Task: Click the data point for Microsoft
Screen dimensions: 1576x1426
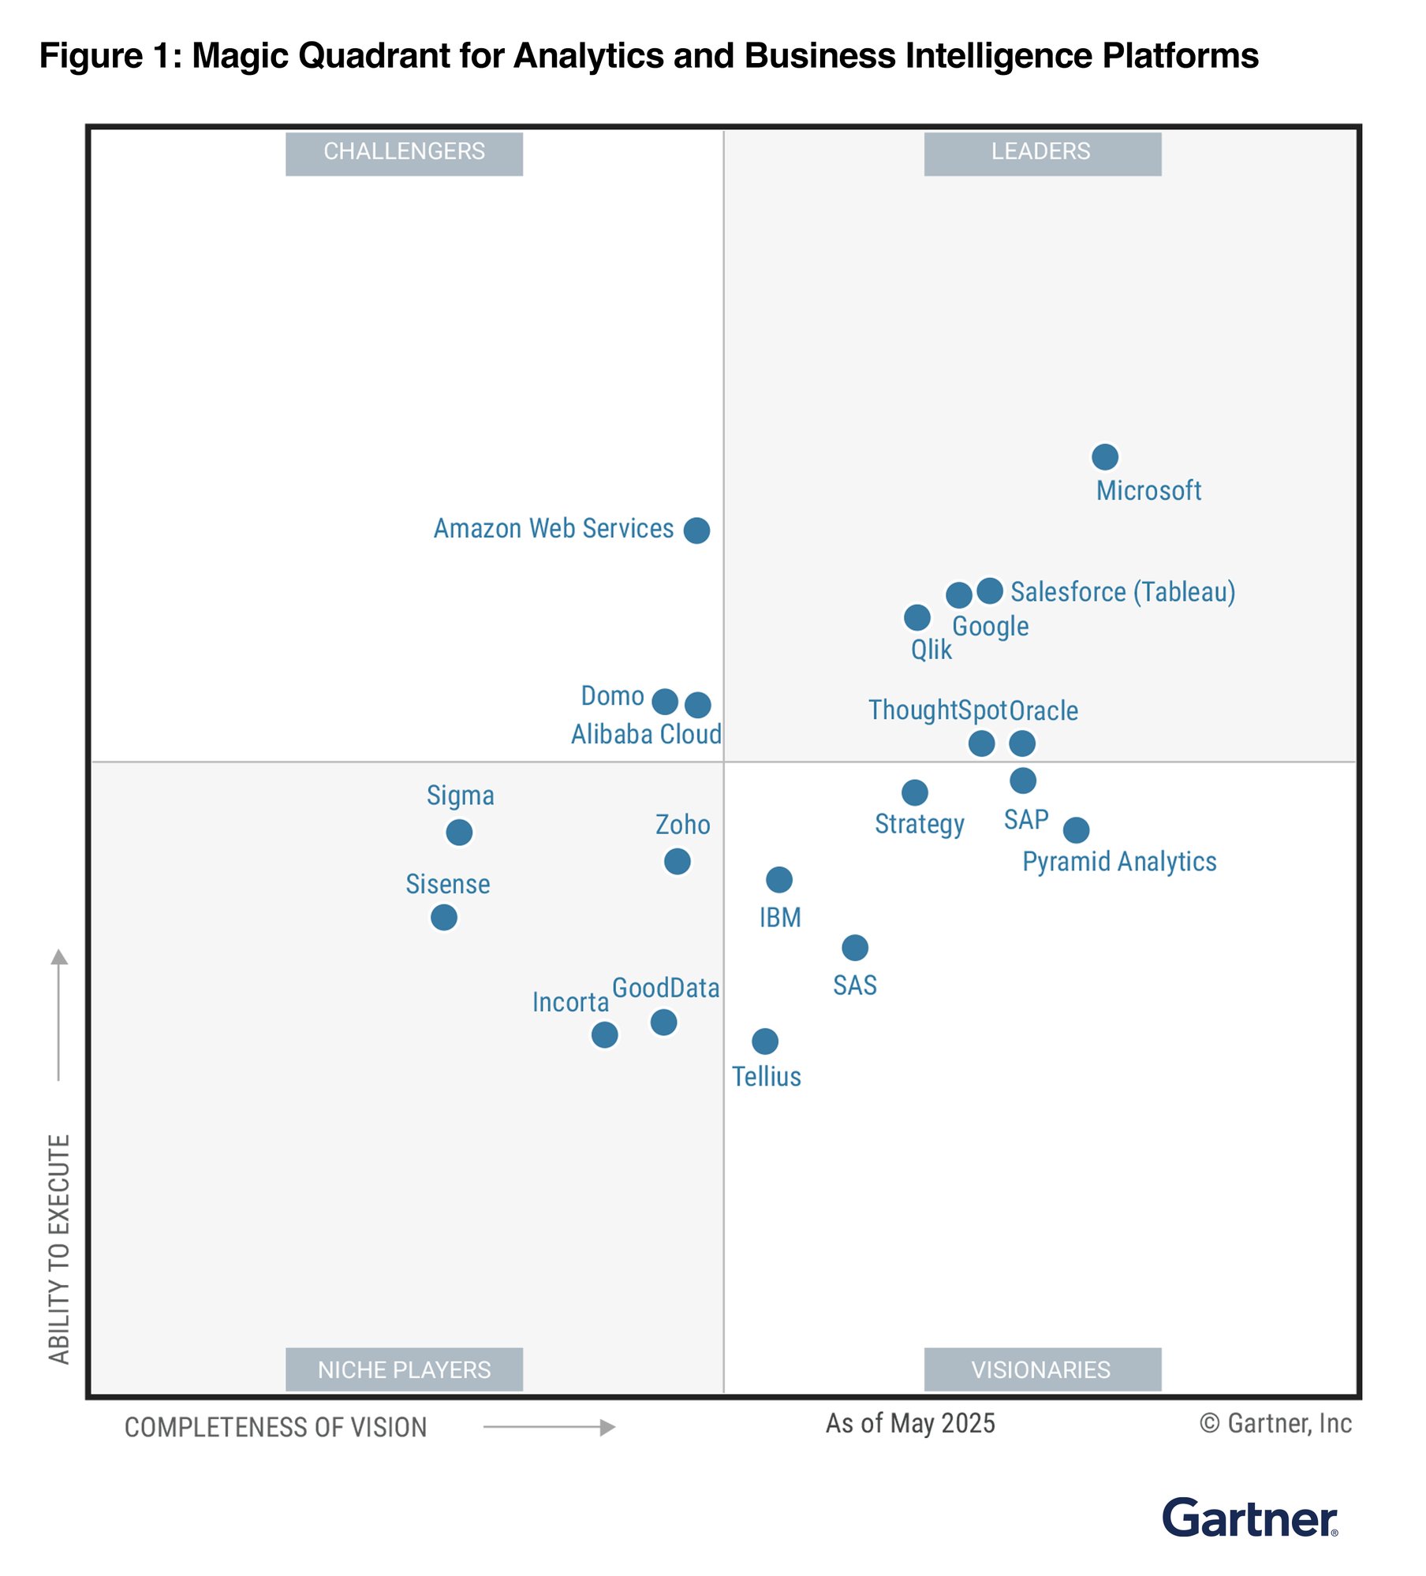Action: tap(1104, 456)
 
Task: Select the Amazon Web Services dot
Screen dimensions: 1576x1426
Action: tap(696, 531)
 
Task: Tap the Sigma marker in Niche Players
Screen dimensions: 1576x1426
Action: tap(459, 832)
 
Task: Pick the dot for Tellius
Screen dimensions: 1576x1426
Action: tap(764, 1041)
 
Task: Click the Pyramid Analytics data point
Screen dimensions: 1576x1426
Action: tap(1076, 829)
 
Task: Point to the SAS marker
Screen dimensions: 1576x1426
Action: tap(854, 948)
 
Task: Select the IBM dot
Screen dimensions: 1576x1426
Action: tap(778, 880)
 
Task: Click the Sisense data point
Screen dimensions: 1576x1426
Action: tap(443, 917)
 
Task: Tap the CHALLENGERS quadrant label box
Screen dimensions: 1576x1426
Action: tap(404, 152)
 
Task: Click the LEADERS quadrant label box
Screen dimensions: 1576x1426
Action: tap(1042, 152)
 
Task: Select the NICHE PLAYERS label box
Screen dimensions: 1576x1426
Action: tap(404, 1370)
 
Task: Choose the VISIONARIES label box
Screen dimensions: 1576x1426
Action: tap(1042, 1370)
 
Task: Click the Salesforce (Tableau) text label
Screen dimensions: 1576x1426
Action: tap(1122, 591)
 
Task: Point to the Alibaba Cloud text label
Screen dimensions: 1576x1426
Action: tap(646, 735)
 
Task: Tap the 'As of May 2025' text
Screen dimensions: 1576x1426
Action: tap(910, 1423)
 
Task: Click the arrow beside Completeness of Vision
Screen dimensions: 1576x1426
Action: tap(549, 1427)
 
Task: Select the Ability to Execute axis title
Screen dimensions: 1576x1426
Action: tap(59, 1250)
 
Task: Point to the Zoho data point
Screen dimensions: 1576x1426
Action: tap(677, 861)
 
